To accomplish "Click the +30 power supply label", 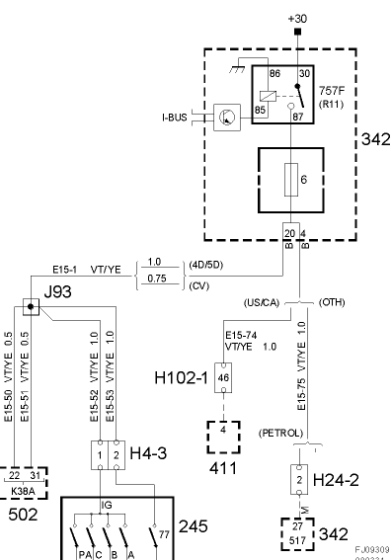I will tap(296, 19).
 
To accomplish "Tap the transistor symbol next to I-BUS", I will tap(226, 118).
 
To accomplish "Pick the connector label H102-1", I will tap(183, 377).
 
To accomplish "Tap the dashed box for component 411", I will tap(224, 435).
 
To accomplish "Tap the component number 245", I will tap(193, 526).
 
